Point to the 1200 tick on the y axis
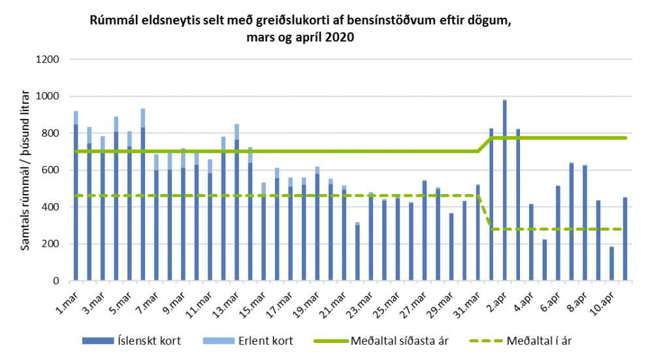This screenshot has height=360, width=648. click(x=50, y=59)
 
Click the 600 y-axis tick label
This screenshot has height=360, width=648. click(x=52, y=171)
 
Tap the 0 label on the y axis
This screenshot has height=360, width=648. click(x=57, y=282)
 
